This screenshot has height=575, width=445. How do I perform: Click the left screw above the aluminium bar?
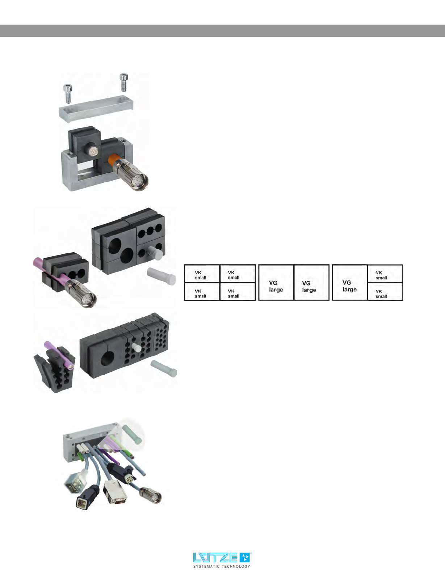[67, 93]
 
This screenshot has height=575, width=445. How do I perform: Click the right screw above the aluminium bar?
[123, 82]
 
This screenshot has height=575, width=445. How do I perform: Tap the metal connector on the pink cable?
[82, 293]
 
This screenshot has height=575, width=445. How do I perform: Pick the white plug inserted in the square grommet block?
[154, 252]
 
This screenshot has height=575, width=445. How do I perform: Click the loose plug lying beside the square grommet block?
[161, 276]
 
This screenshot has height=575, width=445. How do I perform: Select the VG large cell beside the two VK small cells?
[349, 283]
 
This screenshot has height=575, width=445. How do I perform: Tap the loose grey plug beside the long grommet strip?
[163, 368]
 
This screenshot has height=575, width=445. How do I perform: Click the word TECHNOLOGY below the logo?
[236, 566]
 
